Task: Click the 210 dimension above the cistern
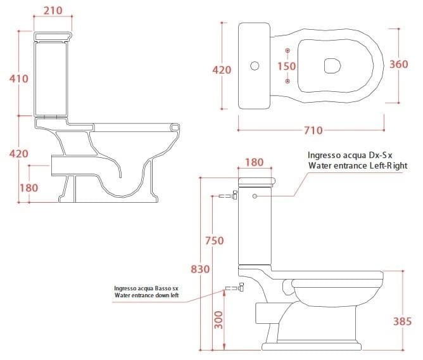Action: point(53,10)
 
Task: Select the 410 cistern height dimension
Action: point(18,79)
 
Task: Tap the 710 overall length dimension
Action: point(313,131)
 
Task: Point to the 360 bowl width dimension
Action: point(399,64)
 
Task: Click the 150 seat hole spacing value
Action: point(286,66)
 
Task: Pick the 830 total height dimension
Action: point(200,269)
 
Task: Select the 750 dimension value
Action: point(214,240)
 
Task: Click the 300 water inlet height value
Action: point(219,320)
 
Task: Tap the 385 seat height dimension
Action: point(402,321)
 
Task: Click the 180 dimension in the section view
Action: point(29,188)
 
